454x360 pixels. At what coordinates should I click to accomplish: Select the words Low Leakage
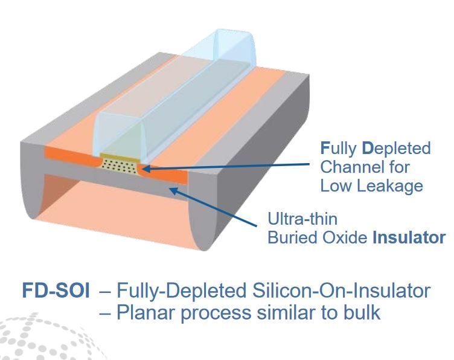click(x=371, y=185)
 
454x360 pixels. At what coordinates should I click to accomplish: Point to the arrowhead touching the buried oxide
click(x=173, y=191)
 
